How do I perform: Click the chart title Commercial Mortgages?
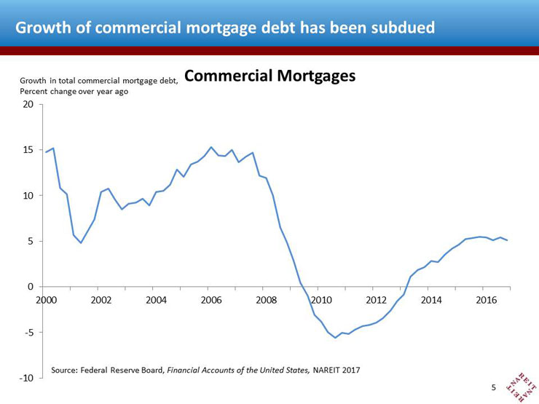pos(270,76)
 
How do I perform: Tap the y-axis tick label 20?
pos(28,104)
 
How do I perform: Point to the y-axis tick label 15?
pos(28,150)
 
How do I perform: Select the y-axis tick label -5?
pos(28,333)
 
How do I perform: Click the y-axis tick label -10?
pos(26,379)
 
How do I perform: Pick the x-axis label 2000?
pos(46,300)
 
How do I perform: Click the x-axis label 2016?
pos(486,300)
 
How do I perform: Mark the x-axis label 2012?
pos(376,300)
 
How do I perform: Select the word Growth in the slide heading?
pos(40,28)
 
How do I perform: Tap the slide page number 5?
pos(494,388)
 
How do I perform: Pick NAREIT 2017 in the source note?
pos(337,371)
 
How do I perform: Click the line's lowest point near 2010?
pos(336,338)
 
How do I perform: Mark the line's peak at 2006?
pos(211,147)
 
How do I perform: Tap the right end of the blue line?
pos(507,240)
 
